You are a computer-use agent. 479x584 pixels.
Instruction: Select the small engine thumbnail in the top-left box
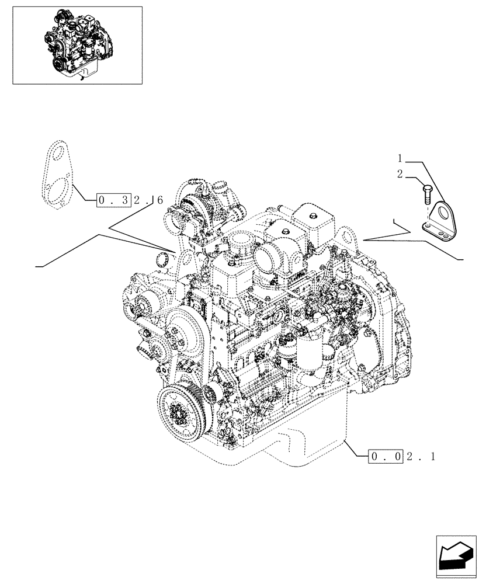point(77,44)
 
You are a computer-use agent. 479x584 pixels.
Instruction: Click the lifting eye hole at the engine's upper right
point(350,238)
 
